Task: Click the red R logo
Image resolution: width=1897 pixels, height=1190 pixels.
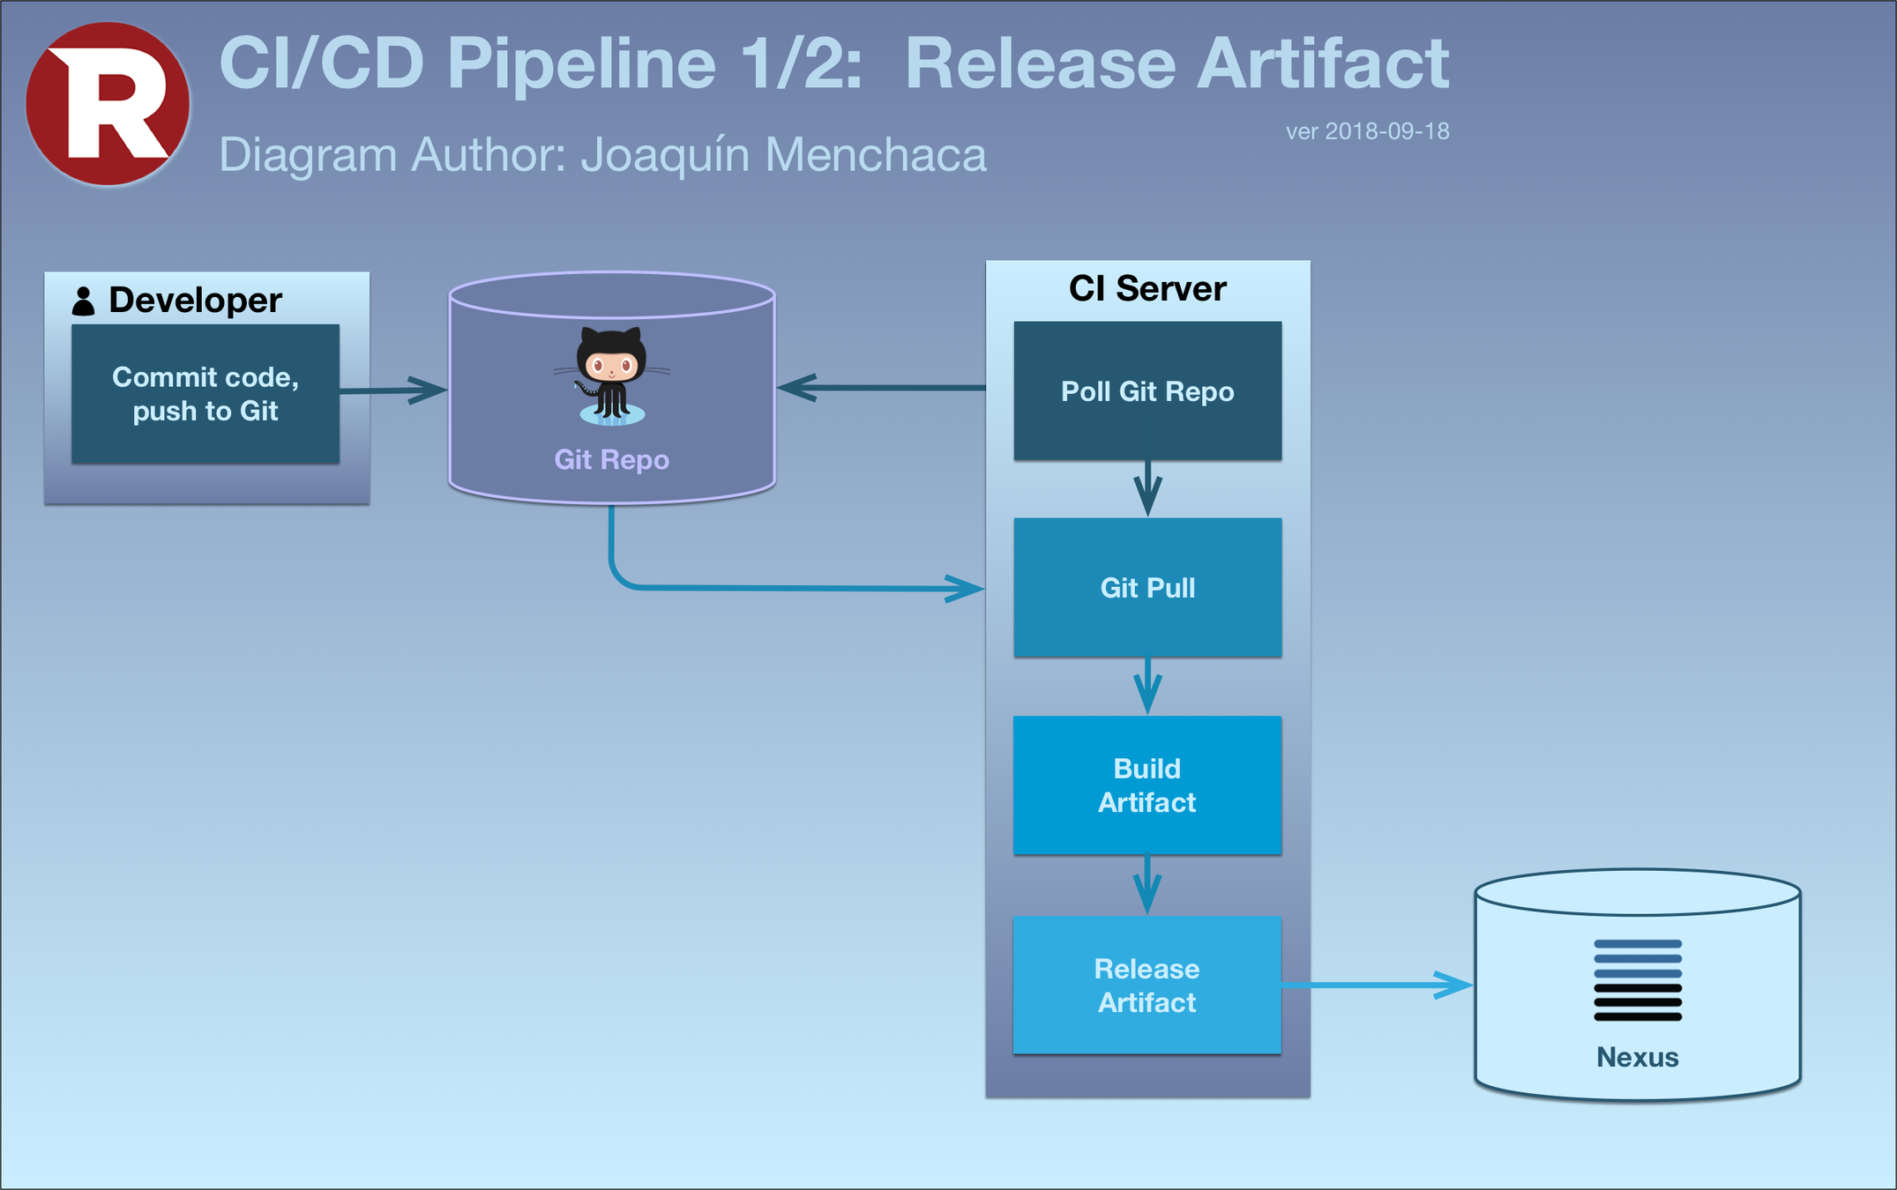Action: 108,103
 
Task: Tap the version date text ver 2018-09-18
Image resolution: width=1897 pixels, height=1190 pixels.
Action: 1367,131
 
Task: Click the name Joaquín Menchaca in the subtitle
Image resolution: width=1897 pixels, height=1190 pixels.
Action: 783,155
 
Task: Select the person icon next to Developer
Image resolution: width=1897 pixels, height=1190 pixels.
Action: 83,301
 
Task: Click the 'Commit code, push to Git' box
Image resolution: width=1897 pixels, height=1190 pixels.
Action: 205,393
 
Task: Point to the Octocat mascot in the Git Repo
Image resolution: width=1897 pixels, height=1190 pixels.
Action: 611,376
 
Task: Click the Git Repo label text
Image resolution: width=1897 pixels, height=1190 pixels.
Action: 611,459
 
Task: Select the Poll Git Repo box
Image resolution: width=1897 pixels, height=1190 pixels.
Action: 1147,390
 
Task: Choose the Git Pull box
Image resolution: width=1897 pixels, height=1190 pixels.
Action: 1147,587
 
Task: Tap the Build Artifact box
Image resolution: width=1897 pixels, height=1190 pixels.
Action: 1147,785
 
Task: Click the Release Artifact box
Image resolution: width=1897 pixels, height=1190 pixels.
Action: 1147,985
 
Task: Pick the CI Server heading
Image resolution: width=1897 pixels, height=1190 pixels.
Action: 1147,288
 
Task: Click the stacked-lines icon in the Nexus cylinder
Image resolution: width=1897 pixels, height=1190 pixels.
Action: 1638,980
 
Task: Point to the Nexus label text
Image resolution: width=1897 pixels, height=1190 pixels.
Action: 1638,1057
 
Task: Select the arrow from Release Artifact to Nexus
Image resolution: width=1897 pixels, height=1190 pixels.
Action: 1377,985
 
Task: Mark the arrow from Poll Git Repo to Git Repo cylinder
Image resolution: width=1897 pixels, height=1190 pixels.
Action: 881,387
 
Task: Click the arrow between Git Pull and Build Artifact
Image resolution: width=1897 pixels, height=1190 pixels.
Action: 1147,686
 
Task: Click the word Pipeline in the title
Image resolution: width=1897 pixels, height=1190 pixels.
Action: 581,63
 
